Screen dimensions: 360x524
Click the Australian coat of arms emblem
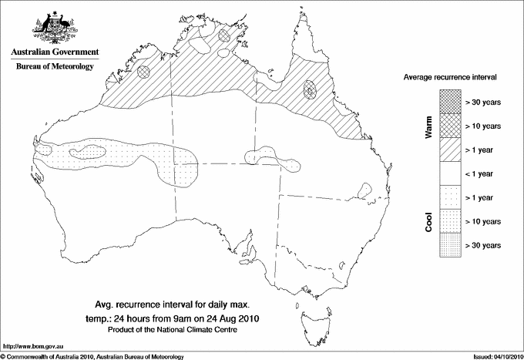tap(53, 26)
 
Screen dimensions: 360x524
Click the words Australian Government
tap(54, 52)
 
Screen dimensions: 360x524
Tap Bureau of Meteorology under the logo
tap(54, 67)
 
